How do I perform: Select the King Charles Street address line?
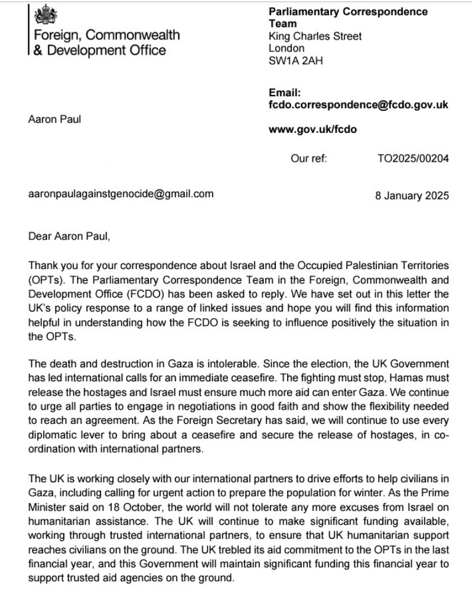315,37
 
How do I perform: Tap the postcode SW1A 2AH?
296,61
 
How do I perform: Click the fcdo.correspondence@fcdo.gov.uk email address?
358,105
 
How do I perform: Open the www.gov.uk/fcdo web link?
313,129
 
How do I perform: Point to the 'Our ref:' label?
308,159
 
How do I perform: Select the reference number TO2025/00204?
412,159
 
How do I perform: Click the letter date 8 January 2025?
412,196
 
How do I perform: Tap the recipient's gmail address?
121,194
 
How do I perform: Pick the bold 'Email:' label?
285,93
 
